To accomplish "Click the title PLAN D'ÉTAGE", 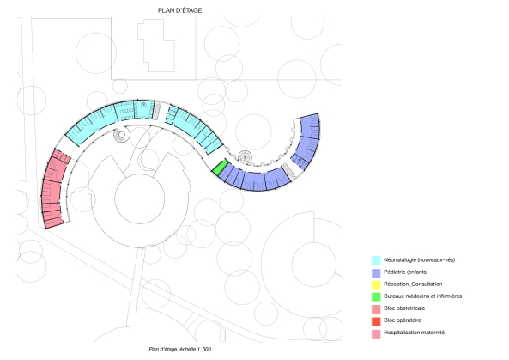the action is (179, 10).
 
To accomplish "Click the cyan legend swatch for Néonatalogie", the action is (376, 260).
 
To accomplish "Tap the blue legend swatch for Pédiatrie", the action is (376, 272).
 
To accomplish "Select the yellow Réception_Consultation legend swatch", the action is (376, 284).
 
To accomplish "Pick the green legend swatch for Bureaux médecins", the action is (376, 296).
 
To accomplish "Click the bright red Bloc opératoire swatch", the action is (376, 321).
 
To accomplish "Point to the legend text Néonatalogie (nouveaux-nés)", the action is (419, 260).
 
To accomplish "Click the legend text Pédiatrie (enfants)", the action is (405, 272).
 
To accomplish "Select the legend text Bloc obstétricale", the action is (404, 308).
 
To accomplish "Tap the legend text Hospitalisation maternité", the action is (414, 333).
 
